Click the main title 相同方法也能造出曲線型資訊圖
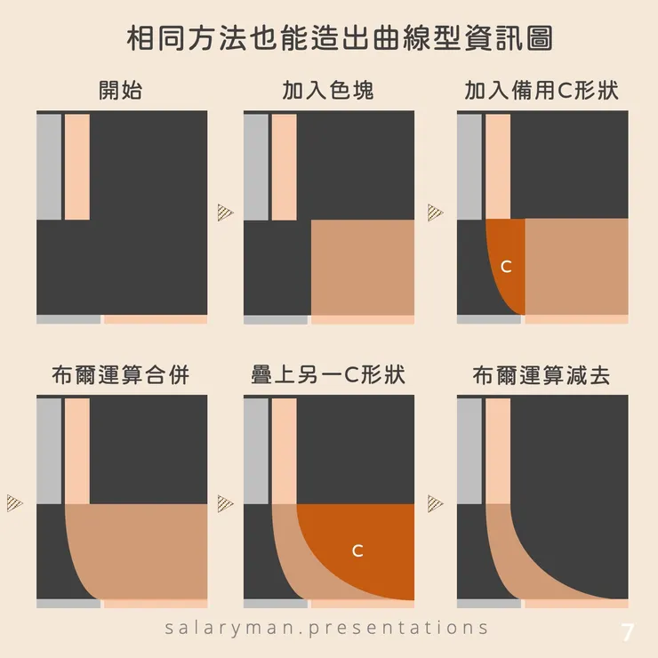click(x=340, y=38)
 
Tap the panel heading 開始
click(x=121, y=90)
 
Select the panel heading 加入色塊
click(x=328, y=90)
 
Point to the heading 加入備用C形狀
click(x=542, y=90)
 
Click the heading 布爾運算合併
click(x=121, y=374)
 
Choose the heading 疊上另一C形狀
click(x=328, y=374)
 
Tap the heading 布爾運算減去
click(x=542, y=374)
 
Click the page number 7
click(x=627, y=632)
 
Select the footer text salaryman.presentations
click(x=326, y=628)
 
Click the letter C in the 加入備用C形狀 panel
click(x=506, y=267)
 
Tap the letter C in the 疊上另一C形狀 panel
click(x=357, y=550)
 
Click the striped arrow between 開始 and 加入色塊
click(x=225, y=213)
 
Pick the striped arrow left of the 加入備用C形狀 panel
click(x=435, y=213)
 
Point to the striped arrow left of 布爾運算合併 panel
click(x=15, y=503)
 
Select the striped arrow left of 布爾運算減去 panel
click(x=435, y=503)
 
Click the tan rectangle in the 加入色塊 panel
click(x=363, y=268)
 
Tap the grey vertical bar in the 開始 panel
click(x=49, y=166)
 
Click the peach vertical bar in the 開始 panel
click(x=77, y=166)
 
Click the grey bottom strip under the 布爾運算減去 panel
click(x=489, y=604)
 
